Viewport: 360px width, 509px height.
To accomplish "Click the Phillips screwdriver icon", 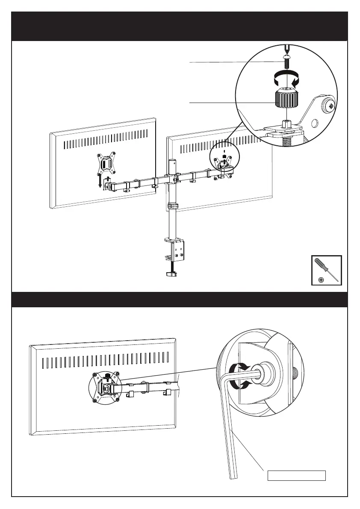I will [x=326, y=267].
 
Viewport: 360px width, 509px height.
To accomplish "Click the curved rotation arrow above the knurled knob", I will [x=286, y=79].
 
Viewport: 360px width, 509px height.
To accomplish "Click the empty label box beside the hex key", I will [x=296, y=475].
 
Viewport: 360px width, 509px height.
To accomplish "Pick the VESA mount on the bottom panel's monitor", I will [x=106, y=387].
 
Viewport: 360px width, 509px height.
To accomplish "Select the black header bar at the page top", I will [x=180, y=26].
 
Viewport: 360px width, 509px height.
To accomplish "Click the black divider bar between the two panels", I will [x=180, y=300].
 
